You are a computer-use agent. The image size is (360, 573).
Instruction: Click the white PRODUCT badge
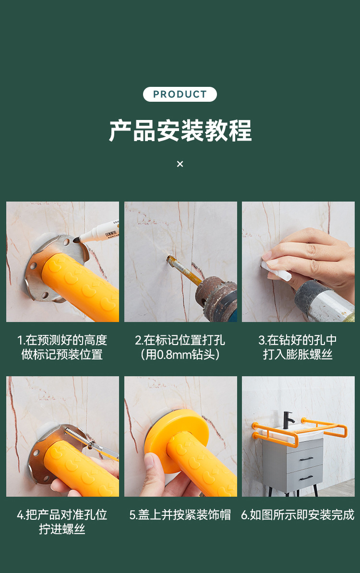(x=180, y=94)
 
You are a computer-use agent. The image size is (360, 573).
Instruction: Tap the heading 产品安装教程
(x=180, y=131)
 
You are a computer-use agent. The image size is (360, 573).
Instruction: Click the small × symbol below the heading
(x=180, y=164)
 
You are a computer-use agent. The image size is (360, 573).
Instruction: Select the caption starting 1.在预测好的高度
(x=62, y=340)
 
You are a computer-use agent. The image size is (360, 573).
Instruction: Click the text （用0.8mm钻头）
(x=180, y=355)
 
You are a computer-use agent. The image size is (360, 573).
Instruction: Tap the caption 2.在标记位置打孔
(x=180, y=340)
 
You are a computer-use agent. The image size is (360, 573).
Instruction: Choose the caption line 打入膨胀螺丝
(x=298, y=355)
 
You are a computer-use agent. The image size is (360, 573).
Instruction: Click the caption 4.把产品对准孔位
(x=62, y=515)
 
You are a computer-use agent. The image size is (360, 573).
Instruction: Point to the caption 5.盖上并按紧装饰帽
(x=180, y=515)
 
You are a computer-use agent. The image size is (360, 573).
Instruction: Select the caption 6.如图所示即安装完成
(x=298, y=515)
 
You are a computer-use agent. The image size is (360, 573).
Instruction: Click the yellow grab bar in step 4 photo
(x=82, y=470)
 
